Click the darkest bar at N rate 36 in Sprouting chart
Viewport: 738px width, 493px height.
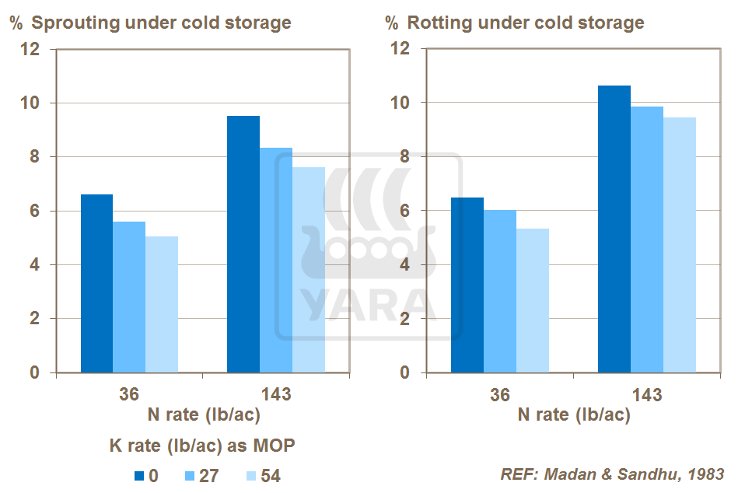96,283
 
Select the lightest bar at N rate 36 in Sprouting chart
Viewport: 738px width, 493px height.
161,304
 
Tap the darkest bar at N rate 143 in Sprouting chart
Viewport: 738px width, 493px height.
243,244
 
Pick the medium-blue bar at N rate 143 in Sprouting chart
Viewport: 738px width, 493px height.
275,260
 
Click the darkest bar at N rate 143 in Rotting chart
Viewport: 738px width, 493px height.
614,229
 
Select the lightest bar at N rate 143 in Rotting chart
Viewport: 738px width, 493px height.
679,245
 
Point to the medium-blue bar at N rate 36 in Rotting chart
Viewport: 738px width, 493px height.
500,291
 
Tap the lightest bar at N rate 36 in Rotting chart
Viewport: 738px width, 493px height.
533,300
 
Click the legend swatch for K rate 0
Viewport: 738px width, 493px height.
140,476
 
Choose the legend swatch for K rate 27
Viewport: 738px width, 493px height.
189,476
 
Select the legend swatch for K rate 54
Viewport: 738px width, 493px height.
250,476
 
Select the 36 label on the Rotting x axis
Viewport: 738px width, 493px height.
499,394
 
